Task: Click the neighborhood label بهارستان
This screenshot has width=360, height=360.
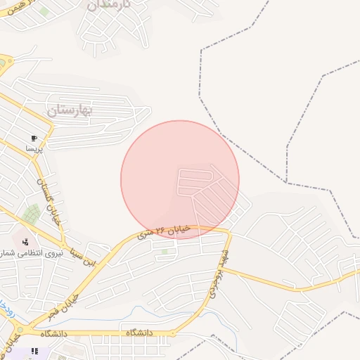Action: pos(71,110)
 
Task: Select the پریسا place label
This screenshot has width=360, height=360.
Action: pos(34,149)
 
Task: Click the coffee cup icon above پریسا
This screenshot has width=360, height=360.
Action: pos(34,139)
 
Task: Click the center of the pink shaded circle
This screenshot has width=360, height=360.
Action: pos(180,180)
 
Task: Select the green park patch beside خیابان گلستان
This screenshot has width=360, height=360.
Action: pos(31,213)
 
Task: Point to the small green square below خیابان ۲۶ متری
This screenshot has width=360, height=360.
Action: pos(165,251)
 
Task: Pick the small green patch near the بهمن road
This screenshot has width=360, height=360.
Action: pos(44,11)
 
